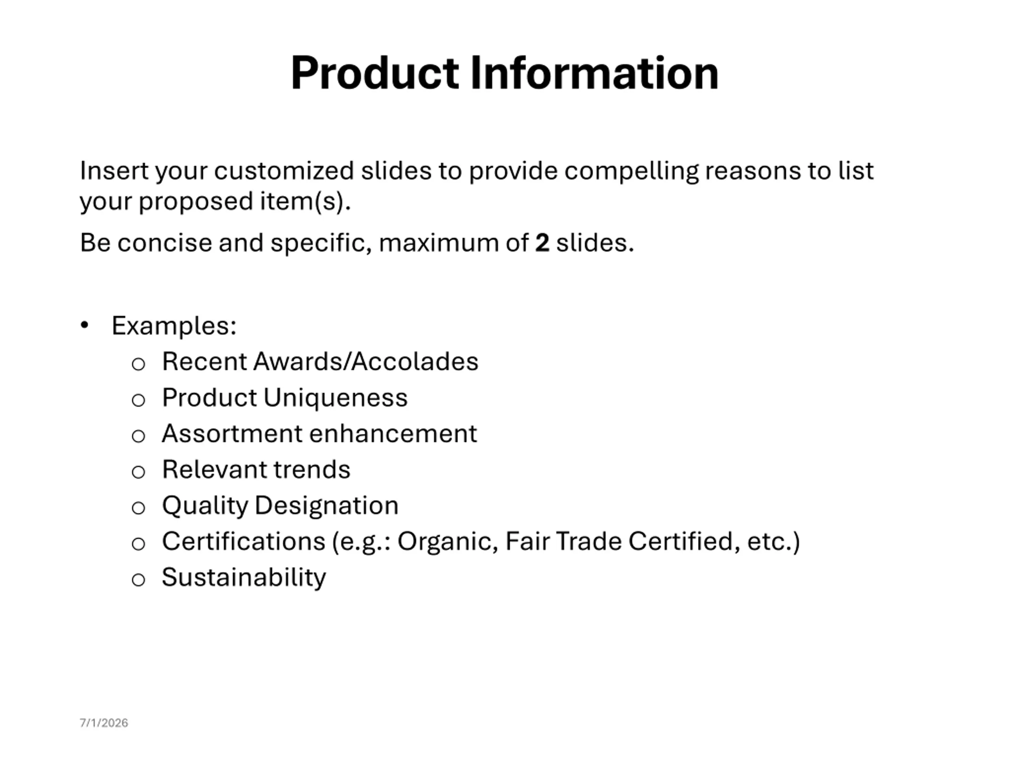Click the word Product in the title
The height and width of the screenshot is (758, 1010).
[374, 73]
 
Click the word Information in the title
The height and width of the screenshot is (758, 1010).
[595, 73]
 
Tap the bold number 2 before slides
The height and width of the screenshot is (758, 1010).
[542, 243]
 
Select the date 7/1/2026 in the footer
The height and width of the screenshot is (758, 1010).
[104, 723]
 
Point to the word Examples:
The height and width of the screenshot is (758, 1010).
[174, 326]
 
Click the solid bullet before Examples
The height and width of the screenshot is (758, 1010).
[84, 325]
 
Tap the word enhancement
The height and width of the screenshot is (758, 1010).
[393, 433]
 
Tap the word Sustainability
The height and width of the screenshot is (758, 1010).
[244, 578]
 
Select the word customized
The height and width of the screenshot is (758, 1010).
[284, 171]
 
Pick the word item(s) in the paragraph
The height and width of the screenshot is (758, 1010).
[305, 201]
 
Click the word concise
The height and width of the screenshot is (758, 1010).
[165, 243]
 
